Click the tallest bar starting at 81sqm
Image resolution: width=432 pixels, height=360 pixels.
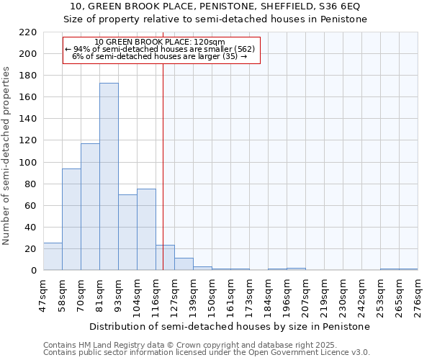(x=109, y=176)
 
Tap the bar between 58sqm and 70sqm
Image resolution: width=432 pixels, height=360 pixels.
(x=71, y=220)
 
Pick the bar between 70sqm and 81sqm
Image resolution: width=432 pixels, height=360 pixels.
(x=90, y=207)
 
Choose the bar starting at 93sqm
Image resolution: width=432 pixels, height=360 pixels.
(x=127, y=233)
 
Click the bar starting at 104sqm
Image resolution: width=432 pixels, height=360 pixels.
(x=146, y=230)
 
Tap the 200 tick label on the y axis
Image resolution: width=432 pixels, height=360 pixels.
(x=29, y=54)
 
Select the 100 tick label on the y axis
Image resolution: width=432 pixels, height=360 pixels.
(x=29, y=163)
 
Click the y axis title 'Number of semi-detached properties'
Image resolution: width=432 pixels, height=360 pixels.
(x=7, y=156)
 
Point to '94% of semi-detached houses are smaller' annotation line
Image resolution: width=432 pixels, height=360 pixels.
(x=160, y=49)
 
